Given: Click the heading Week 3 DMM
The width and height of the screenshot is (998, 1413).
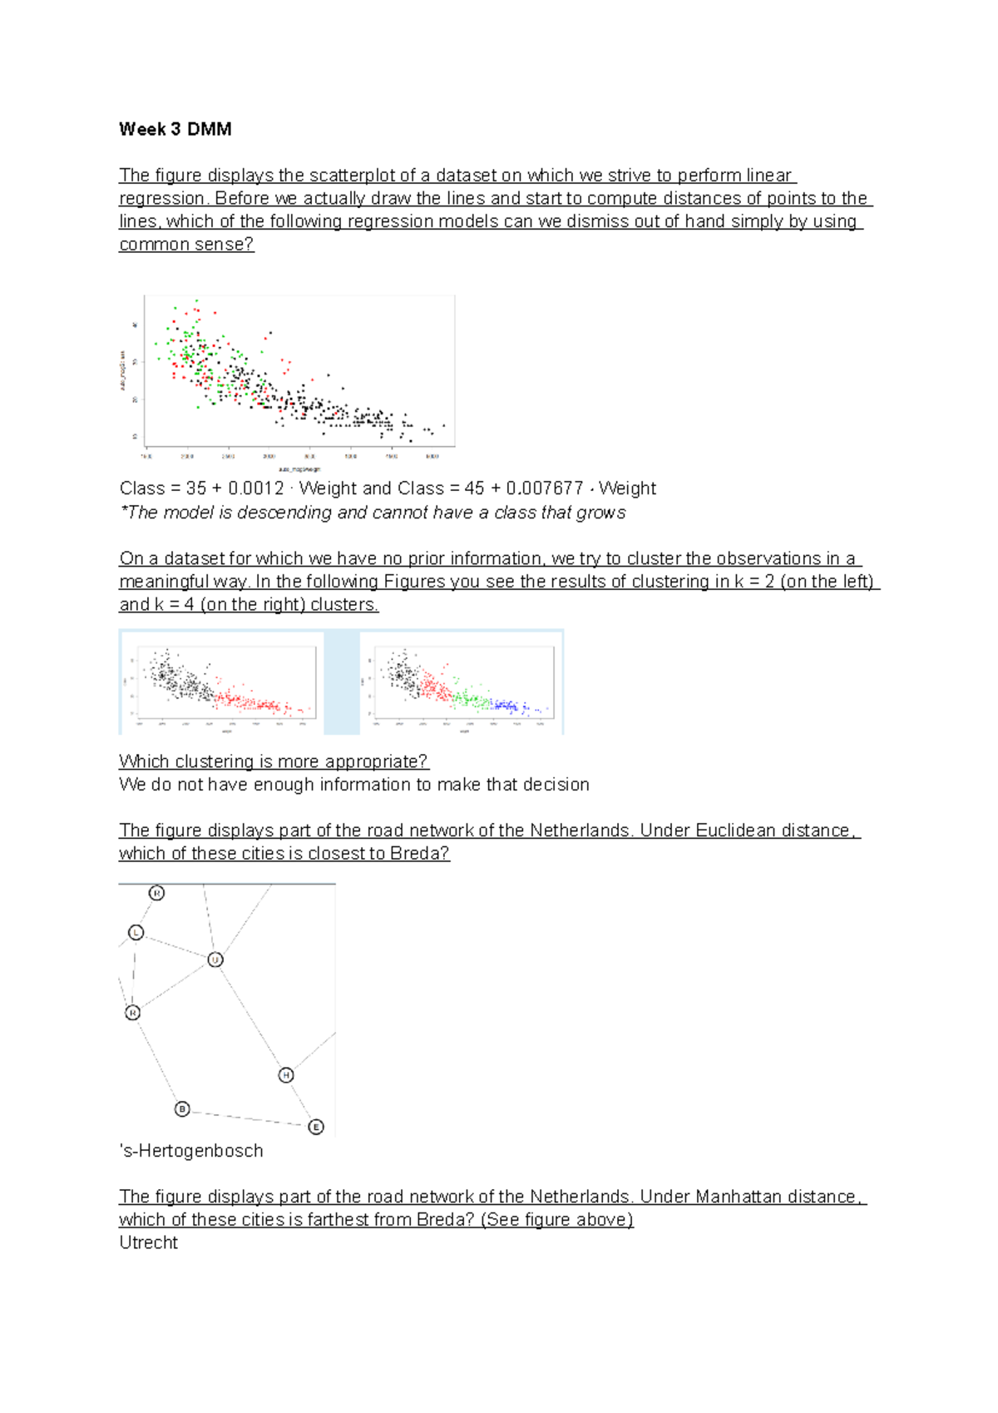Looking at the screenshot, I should point(175,129).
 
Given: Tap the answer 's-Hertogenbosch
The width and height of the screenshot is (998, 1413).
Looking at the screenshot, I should point(191,1151).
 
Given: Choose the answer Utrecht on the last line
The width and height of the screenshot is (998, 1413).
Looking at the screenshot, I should point(149,1242).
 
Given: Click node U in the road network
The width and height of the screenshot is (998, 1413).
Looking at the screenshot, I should point(215,959).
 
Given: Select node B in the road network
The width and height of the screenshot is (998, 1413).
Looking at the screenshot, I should point(182,1108).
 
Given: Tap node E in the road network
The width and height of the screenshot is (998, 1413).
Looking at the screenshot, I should point(316,1127).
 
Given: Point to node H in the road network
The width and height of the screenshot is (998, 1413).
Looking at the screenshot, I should point(286,1075).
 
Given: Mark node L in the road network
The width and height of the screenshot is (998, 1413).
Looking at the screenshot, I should point(136,933).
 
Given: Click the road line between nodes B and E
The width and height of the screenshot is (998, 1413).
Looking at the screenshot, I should point(249,1118).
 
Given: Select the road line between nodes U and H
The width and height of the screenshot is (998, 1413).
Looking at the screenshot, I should point(250,1017).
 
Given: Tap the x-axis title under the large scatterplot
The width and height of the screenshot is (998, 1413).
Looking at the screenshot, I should point(299,469).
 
